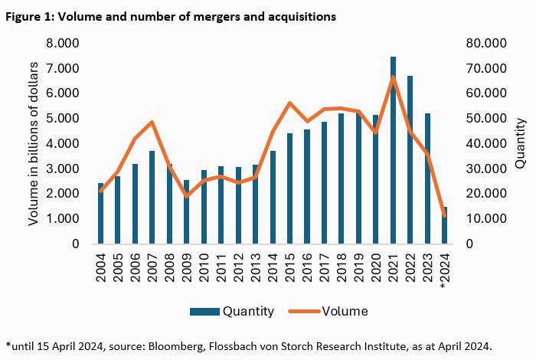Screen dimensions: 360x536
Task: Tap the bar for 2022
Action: pyautogui.click(x=410, y=161)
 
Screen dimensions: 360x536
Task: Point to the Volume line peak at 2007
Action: pyautogui.click(x=152, y=123)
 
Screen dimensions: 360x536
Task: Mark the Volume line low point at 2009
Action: pyautogui.click(x=186, y=196)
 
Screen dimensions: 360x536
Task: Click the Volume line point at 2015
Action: pyautogui.click(x=290, y=103)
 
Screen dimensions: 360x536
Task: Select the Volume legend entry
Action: pyautogui.click(x=330, y=311)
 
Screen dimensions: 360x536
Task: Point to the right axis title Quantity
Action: pyautogui.click(x=520, y=143)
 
